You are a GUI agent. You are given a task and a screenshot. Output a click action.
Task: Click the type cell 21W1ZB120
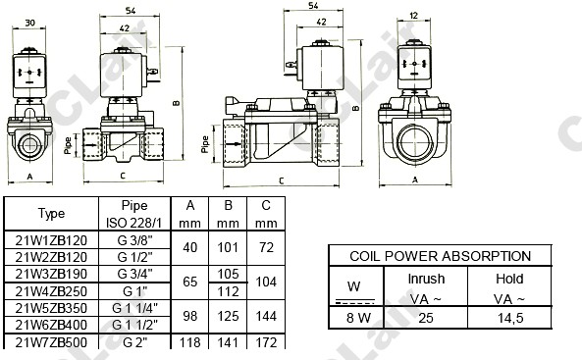point(51,240)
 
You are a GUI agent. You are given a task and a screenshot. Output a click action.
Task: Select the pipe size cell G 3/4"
point(134,274)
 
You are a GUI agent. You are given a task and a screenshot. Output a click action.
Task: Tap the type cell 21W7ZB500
point(51,342)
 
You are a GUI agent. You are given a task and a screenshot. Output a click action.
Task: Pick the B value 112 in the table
point(228,291)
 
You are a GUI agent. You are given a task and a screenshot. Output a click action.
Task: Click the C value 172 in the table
point(266,342)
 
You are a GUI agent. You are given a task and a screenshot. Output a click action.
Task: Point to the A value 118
point(190,342)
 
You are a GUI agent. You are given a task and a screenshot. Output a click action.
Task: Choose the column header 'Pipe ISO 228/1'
point(134,214)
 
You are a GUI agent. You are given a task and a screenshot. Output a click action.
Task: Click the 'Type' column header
point(51,214)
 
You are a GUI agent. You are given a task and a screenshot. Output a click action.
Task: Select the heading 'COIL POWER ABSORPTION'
point(441,256)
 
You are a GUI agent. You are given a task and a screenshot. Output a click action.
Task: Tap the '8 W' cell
point(358,318)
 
